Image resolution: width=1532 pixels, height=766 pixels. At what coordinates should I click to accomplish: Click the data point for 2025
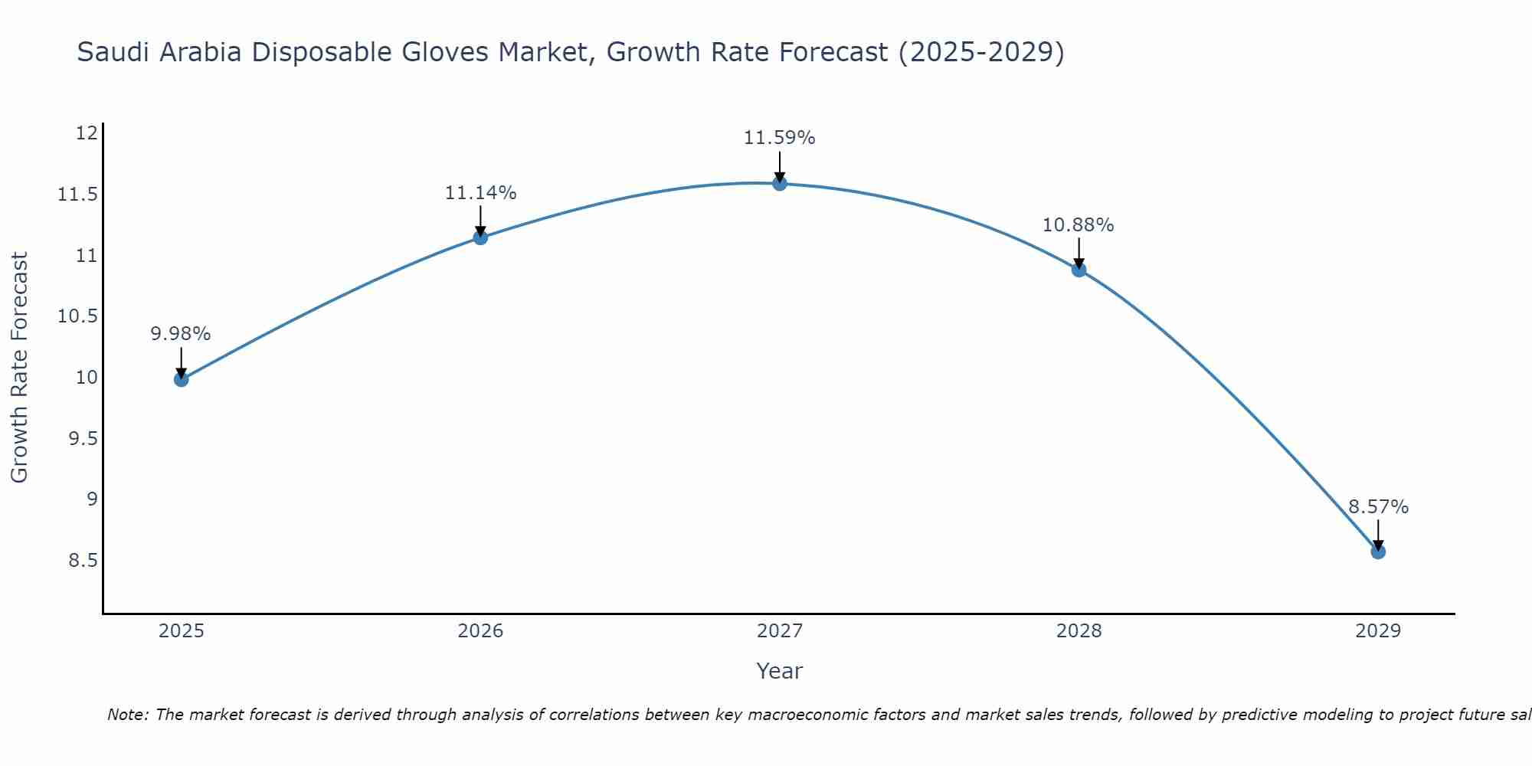tap(181, 379)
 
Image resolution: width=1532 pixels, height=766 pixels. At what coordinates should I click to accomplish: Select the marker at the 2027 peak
tap(780, 183)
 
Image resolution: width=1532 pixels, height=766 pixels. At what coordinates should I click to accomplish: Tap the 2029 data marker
tap(1378, 552)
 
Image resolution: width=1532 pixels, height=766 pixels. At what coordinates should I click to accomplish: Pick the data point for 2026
tap(480, 237)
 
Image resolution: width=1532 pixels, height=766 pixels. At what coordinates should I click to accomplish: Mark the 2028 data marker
tap(1079, 270)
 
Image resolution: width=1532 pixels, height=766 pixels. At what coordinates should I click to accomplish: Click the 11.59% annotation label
tap(779, 138)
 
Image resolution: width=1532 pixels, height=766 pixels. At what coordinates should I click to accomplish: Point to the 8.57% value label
tap(1378, 507)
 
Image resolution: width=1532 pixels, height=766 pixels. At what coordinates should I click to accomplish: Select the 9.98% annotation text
tap(180, 334)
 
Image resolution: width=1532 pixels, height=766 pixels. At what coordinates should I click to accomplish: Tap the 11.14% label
tap(480, 193)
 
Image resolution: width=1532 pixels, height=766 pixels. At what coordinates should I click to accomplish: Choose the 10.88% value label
tap(1078, 225)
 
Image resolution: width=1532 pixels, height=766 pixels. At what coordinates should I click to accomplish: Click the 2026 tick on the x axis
tap(480, 631)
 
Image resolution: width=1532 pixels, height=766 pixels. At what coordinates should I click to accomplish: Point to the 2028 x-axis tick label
tap(1079, 631)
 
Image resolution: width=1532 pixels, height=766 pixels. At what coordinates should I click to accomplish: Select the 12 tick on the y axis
tap(87, 133)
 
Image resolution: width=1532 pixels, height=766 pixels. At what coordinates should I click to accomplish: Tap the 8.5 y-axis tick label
tap(83, 561)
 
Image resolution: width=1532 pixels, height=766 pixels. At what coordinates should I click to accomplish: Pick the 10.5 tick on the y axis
tap(78, 316)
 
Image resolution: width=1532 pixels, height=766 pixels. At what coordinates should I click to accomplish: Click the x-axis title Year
tap(779, 671)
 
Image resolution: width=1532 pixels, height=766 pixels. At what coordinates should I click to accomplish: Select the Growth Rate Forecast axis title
tap(19, 368)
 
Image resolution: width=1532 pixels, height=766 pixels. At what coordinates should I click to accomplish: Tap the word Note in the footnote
tap(127, 715)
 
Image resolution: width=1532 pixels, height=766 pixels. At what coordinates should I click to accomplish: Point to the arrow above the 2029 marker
tap(1378, 534)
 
